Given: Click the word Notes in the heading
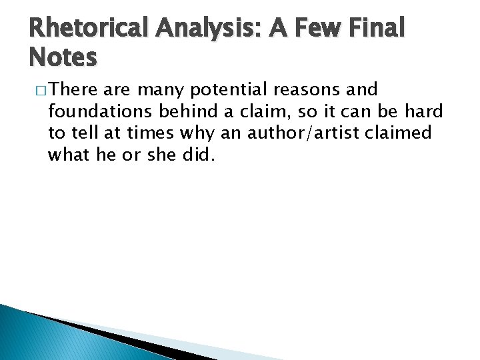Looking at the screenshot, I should coord(63,58).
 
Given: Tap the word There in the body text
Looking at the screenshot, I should coord(72,89).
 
